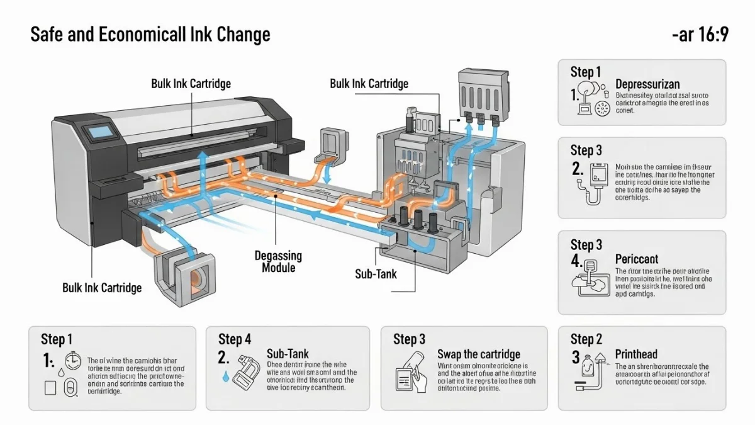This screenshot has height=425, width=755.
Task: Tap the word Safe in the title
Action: click(x=46, y=35)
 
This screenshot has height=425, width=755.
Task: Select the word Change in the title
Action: click(x=243, y=35)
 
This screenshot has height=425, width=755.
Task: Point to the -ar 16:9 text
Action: click(x=700, y=35)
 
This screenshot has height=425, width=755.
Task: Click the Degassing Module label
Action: click(x=278, y=262)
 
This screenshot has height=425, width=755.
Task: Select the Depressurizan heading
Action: click(x=647, y=84)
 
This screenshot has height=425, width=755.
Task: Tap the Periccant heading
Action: click(x=637, y=259)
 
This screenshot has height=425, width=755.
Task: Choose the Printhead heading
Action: click(x=636, y=354)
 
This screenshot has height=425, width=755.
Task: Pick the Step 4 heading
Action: click(x=235, y=339)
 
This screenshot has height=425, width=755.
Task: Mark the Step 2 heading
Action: click(x=586, y=339)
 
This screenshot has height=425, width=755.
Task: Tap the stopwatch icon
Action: click(x=74, y=360)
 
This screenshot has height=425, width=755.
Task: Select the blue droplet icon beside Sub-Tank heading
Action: click(x=225, y=376)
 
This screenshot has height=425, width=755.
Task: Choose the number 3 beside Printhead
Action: click(x=576, y=357)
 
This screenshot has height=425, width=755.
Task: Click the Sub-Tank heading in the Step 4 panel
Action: click(x=288, y=354)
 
